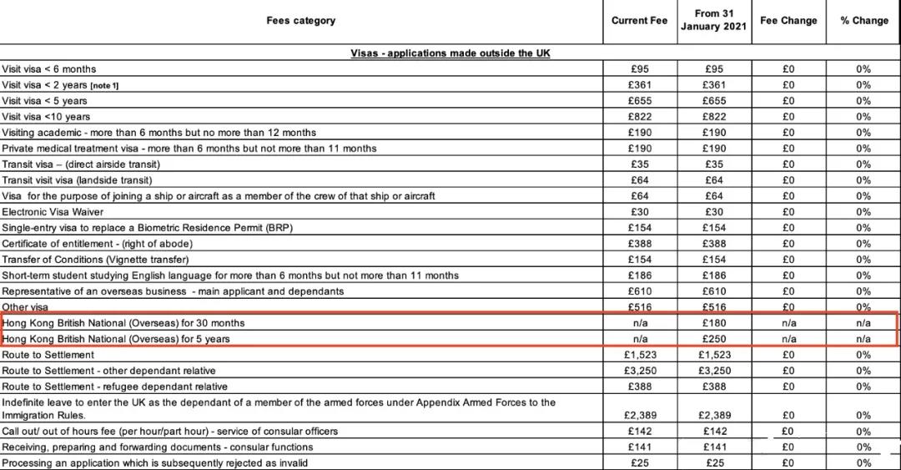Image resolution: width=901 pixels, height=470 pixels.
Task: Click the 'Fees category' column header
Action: point(301,21)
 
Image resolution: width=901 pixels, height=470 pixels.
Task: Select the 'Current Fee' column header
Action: point(639,21)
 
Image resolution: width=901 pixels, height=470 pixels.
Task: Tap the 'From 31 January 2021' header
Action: point(714,21)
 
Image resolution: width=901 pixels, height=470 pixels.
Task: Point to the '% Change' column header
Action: point(863,21)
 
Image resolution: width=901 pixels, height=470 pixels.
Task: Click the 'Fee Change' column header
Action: point(788,21)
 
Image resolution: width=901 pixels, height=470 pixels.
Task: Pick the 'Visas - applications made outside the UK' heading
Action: point(450,53)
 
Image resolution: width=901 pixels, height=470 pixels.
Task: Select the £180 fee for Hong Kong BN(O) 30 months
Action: point(714,323)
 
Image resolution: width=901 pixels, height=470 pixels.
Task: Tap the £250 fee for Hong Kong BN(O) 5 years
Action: point(714,339)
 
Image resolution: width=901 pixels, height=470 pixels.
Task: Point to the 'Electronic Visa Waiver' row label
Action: point(53,212)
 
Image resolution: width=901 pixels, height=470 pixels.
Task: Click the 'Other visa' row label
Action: point(25,307)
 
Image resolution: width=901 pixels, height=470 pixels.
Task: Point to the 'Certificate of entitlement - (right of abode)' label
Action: point(97,244)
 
